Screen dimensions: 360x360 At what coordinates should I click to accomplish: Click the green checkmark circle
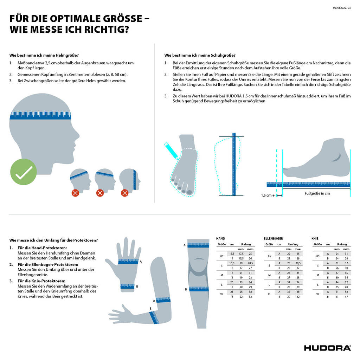(x=24, y=172)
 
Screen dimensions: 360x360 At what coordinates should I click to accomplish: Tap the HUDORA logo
(x=327, y=348)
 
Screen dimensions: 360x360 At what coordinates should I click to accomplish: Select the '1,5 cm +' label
(x=268, y=195)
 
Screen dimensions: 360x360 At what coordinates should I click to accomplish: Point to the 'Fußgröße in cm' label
(x=317, y=193)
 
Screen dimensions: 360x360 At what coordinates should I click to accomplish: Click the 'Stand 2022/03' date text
(x=342, y=8)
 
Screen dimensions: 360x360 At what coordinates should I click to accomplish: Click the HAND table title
(x=220, y=238)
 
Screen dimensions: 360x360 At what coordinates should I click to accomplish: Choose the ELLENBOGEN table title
(x=273, y=238)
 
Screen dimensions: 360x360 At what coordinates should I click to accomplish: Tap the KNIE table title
(x=315, y=238)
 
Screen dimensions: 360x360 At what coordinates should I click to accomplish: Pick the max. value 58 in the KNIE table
(x=346, y=291)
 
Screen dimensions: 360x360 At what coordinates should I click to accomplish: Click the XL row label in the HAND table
(x=221, y=294)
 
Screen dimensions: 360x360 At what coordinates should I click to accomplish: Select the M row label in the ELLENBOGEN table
(x=269, y=275)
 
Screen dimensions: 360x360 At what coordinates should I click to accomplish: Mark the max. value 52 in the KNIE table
(x=346, y=282)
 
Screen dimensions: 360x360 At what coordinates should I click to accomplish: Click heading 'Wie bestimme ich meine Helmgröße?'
(x=44, y=55)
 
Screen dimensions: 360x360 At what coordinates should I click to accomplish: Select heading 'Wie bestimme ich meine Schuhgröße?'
(x=200, y=55)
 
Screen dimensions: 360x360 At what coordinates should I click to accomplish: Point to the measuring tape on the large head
(x=40, y=115)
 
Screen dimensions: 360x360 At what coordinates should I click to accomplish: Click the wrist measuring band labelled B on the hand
(x=127, y=287)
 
